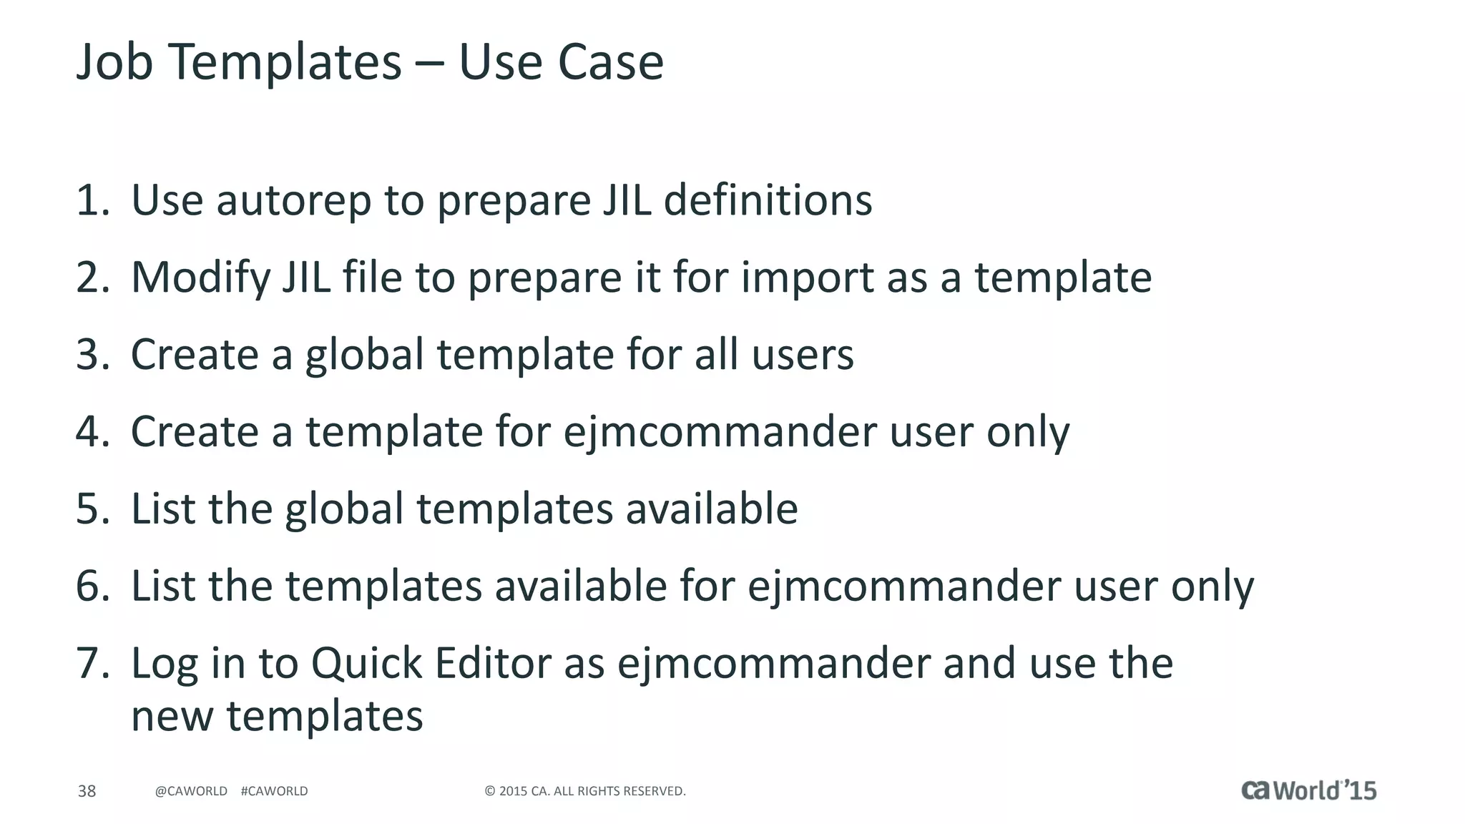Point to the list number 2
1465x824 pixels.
click(x=92, y=278)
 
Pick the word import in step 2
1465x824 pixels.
click(x=807, y=278)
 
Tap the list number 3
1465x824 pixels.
click(x=92, y=355)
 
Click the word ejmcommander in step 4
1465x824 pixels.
click(x=720, y=432)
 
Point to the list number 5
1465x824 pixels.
click(x=92, y=509)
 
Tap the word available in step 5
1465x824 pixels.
click(x=712, y=509)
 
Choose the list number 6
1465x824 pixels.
click(x=92, y=587)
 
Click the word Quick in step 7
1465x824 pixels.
click(x=366, y=664)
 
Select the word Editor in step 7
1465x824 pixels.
click(x=493, y=664)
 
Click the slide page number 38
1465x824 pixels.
click(x=87, y=791)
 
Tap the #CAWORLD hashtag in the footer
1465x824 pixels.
click(x=275, y=791)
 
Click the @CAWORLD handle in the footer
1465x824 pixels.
click(x=191, y=791)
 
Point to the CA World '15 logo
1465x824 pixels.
click(x=1308, y=790)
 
